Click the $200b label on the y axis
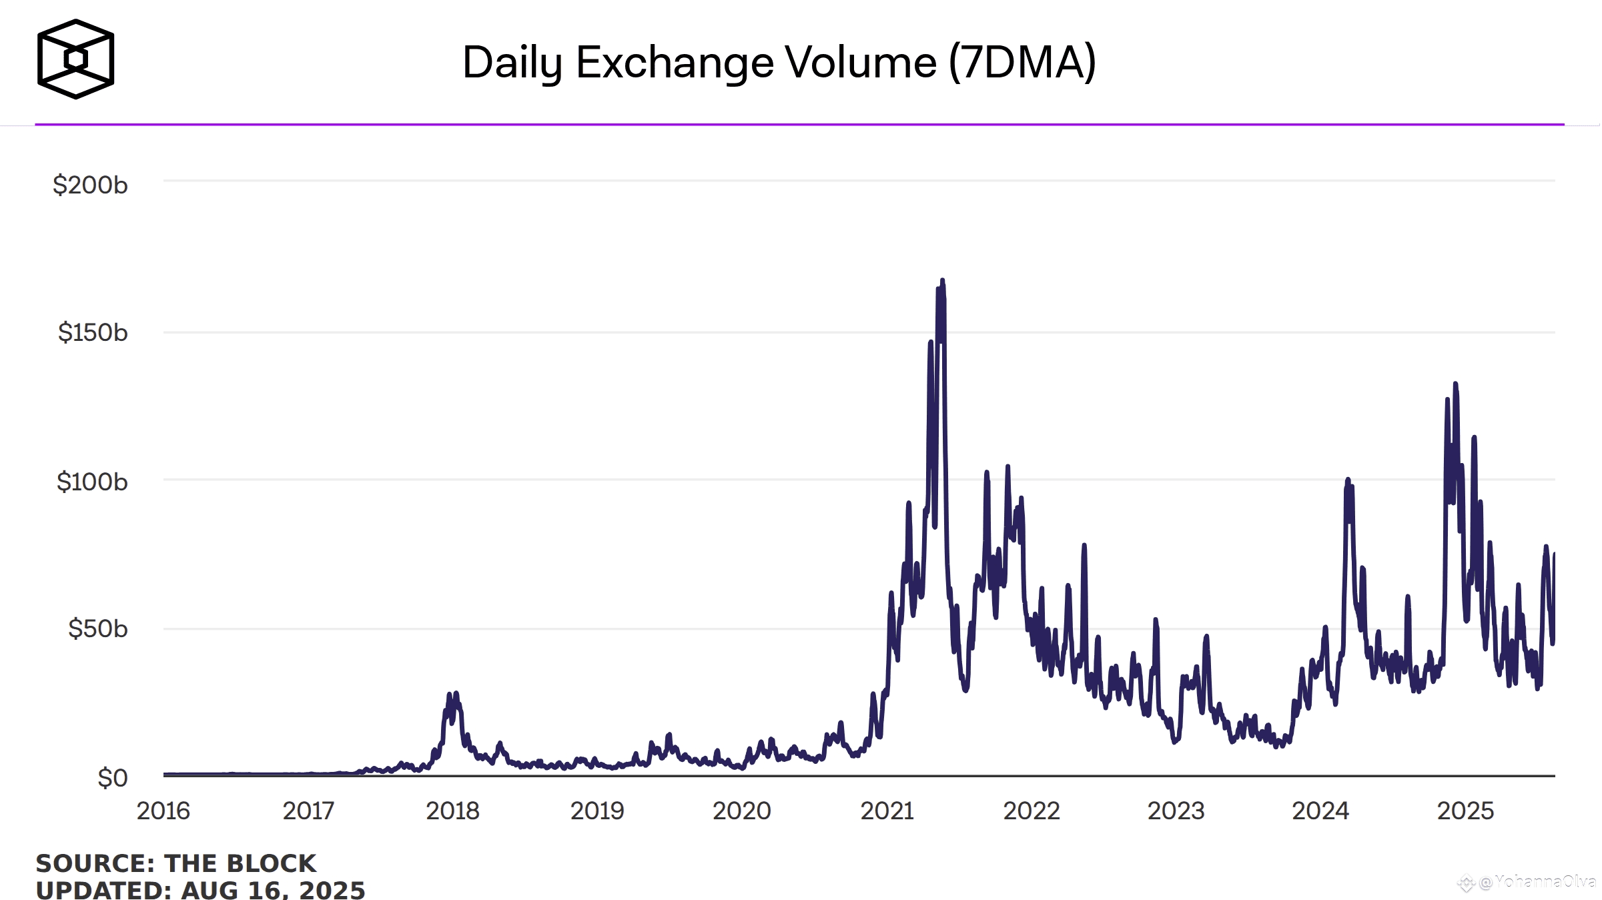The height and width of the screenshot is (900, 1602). (90, 185)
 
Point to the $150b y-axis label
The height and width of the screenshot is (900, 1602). (92, 332)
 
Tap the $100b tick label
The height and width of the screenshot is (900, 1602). (91, 481)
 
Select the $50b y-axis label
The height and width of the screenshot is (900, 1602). (97, 628)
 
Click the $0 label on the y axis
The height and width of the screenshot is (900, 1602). (112, 778)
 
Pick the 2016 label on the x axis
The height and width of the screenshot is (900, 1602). (163, 811)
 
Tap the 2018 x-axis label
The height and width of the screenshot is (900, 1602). (452, 811)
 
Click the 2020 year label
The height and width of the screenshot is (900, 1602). (741, 811)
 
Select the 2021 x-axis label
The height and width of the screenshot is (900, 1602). (887, 811)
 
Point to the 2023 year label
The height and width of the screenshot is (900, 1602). (1176, 811)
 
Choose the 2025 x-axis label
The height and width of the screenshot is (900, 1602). (1465, 811)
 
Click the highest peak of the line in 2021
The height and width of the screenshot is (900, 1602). (942, 281)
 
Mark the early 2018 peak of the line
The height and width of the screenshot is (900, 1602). (456, 695)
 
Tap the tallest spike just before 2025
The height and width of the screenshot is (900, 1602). (1455, 384)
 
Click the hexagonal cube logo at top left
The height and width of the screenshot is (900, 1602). (75, 59)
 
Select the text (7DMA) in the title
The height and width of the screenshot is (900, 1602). (1022, 63)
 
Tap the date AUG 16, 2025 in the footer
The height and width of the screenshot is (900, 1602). (273, 890)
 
